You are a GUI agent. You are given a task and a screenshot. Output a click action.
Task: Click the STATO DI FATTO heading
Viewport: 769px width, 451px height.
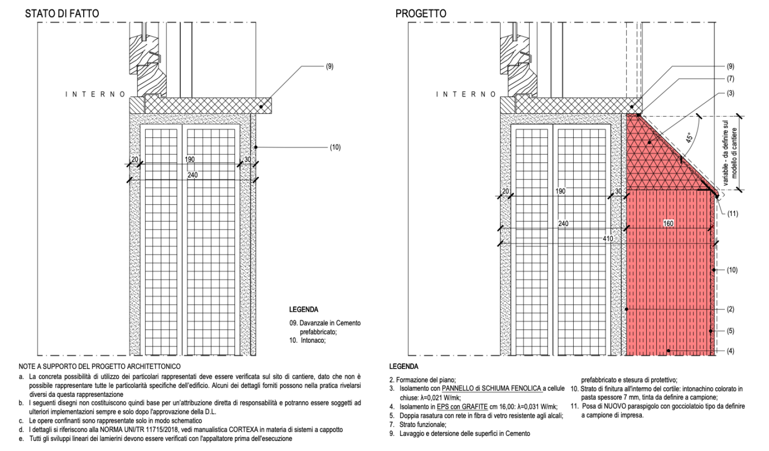[x=62, y=14]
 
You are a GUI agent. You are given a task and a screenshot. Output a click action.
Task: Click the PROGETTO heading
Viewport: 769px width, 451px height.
[x=421, y=14]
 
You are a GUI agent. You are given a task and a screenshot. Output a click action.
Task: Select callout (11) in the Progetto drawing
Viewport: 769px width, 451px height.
[x=732, y=213]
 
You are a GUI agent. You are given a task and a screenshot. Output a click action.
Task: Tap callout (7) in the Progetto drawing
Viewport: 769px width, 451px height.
[x=730, y=79]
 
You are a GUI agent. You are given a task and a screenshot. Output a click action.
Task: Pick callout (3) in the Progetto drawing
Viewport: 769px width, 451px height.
[x=730, y=93]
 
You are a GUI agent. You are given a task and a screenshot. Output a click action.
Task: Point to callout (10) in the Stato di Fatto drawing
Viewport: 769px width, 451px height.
[x=335, y=147]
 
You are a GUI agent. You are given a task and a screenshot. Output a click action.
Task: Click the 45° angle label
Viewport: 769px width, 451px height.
[x=690, y=137]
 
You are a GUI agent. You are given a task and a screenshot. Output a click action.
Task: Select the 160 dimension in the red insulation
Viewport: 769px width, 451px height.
[x=668, y=223]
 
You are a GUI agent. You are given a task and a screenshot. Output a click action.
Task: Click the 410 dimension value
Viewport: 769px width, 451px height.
[x=608, y=239]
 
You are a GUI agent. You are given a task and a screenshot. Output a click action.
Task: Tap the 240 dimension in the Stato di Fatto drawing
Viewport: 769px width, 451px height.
[x=192, y=175]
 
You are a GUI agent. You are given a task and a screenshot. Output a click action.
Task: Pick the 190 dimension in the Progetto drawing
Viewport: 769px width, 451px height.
[x=560, y=191]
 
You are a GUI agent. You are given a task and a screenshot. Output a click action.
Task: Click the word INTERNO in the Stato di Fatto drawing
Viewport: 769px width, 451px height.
[x=95, y=94]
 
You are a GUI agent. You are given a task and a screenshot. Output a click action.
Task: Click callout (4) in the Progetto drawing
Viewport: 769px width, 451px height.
[x=730, y=351]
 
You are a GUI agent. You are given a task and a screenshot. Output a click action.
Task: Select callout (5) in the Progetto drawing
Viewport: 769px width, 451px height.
[x=730, y=331]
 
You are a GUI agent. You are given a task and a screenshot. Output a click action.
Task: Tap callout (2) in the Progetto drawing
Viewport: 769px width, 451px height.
[x=730, y=309]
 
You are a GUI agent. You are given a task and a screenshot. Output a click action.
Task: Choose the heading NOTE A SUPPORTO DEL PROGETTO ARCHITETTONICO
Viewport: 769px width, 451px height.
[x=99, y=367]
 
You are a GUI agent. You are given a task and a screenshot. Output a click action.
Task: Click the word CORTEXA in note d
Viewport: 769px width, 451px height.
[x=243, y=429]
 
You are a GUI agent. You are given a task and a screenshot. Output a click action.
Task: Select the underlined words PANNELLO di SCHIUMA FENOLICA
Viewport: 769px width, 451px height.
[x=491, y=388]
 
